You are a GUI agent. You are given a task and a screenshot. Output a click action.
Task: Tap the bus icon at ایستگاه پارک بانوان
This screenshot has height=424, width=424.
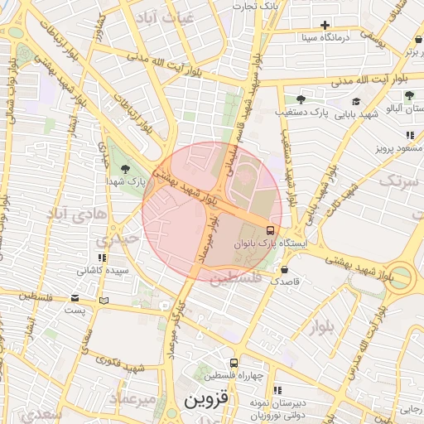pos(271,229)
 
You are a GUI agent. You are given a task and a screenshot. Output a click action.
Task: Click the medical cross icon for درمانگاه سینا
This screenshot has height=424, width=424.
pos(325,25)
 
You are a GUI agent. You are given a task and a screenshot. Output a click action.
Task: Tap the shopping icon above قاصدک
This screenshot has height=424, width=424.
pos(285,269)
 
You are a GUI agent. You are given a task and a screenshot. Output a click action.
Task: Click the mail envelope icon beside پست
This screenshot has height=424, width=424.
pos(76,297)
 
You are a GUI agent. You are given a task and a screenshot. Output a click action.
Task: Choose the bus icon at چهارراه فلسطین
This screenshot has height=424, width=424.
pos(234,363)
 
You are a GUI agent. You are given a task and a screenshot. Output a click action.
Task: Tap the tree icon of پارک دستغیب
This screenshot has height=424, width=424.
pos(311,99)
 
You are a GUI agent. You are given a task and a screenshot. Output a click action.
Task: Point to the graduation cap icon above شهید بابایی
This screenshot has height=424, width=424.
pos(355,102)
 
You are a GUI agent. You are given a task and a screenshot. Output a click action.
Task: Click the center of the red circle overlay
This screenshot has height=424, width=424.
pos(212,212)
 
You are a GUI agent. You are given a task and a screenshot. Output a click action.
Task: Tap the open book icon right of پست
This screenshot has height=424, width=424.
pos(104,301)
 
